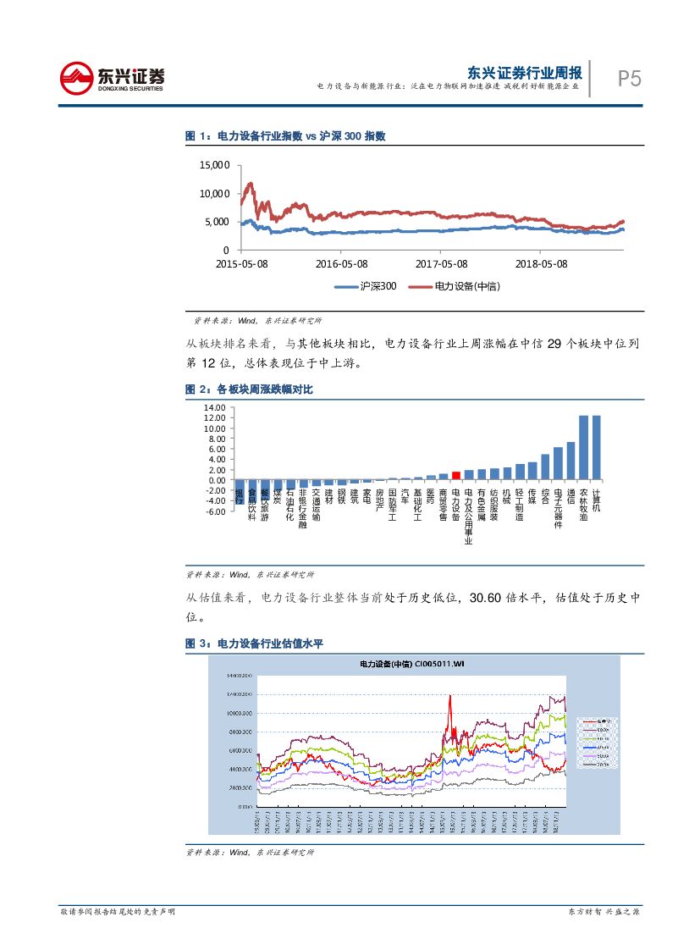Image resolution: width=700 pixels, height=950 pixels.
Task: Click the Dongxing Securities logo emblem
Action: (x=77, y=78)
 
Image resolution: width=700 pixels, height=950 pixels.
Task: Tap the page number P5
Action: (x=629, y=79)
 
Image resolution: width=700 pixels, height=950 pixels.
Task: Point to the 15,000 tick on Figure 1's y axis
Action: (x=214, y=165)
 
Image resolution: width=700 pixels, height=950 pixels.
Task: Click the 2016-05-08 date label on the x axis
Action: (x=341, y=263)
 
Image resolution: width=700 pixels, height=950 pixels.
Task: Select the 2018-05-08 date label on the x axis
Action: (x=541, y=263)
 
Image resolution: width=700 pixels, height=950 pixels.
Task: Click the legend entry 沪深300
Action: (x=365, y=286)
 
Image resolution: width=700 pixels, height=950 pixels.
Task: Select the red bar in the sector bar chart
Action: (x=455, y=476)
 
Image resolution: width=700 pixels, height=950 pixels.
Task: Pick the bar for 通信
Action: (x=570, y=461)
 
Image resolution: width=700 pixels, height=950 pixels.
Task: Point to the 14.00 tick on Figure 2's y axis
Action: (x=214, y=408)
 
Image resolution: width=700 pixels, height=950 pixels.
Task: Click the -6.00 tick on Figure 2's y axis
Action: (x=214, y=511)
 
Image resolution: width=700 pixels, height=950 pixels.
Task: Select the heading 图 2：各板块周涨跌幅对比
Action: (x=249, y=389)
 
